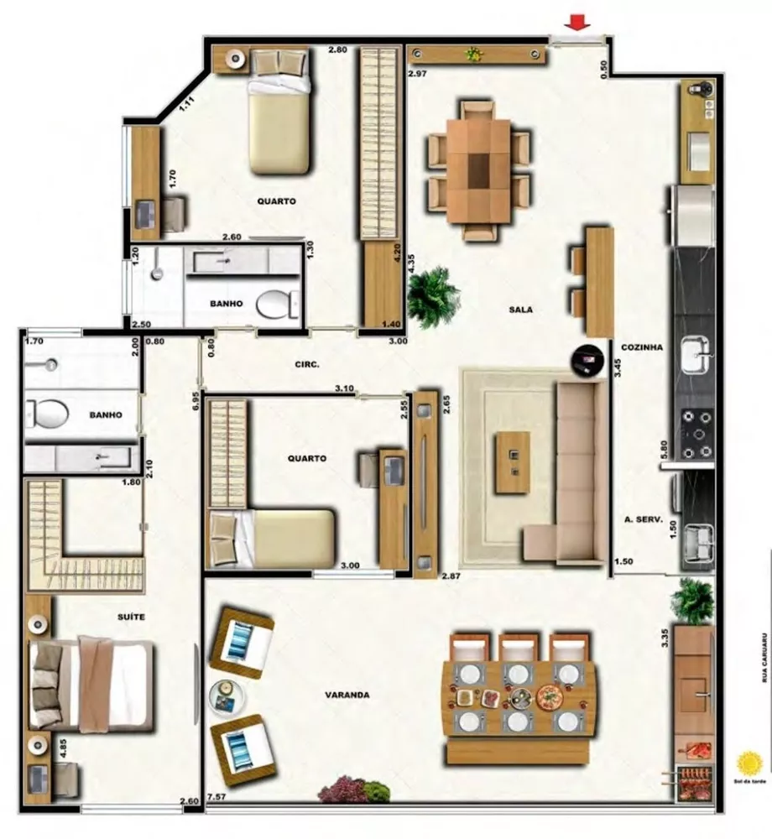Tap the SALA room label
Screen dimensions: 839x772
point(520,310)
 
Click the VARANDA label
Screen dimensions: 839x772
point(347,695)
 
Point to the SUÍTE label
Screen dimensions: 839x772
point(131,617)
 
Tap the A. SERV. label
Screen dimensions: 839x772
point(644,520)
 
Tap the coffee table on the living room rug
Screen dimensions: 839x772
point(512,461)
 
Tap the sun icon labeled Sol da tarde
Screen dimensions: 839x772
point(749,763)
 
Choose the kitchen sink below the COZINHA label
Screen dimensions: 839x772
point(696,355)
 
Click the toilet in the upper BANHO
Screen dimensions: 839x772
point(276,304)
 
